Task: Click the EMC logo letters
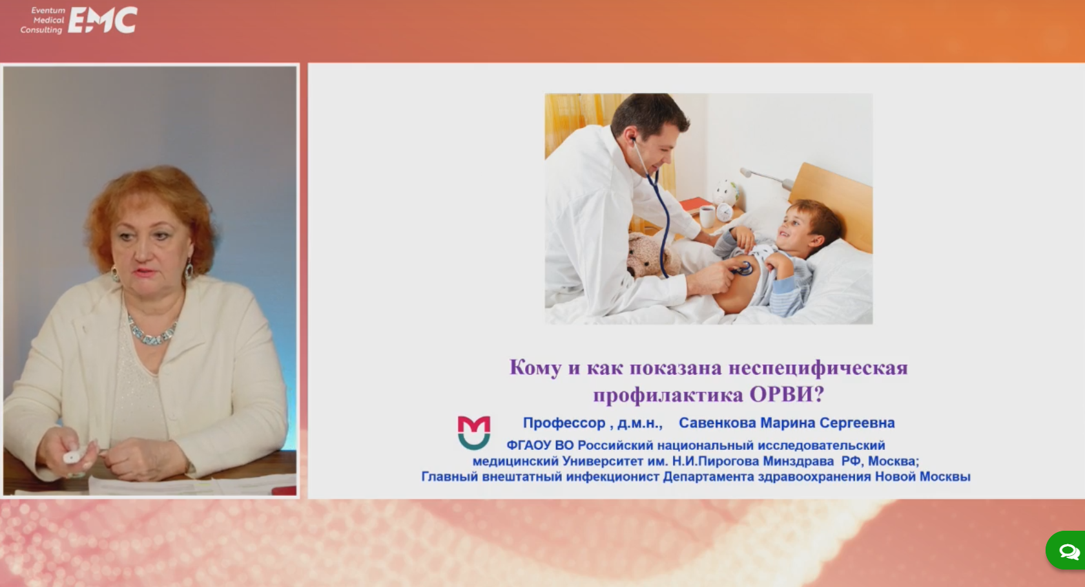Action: tap(103, 20)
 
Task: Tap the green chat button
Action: tap(1066, 550)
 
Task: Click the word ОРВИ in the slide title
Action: tap(786, 394)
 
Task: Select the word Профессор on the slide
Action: tap(564, 423)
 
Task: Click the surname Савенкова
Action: tap(718, 423)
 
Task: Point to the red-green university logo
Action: tap(474, 432)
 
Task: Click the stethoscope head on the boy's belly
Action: tap(743, 268)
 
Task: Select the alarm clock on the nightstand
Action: tap(724, 212)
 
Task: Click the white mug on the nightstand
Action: tap(707, 216)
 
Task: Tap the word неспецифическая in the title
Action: tap(818, 367)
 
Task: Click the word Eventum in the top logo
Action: tap(48, 10)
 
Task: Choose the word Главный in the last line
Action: tap(449, 477)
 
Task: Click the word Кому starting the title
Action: tap(535, 367)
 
